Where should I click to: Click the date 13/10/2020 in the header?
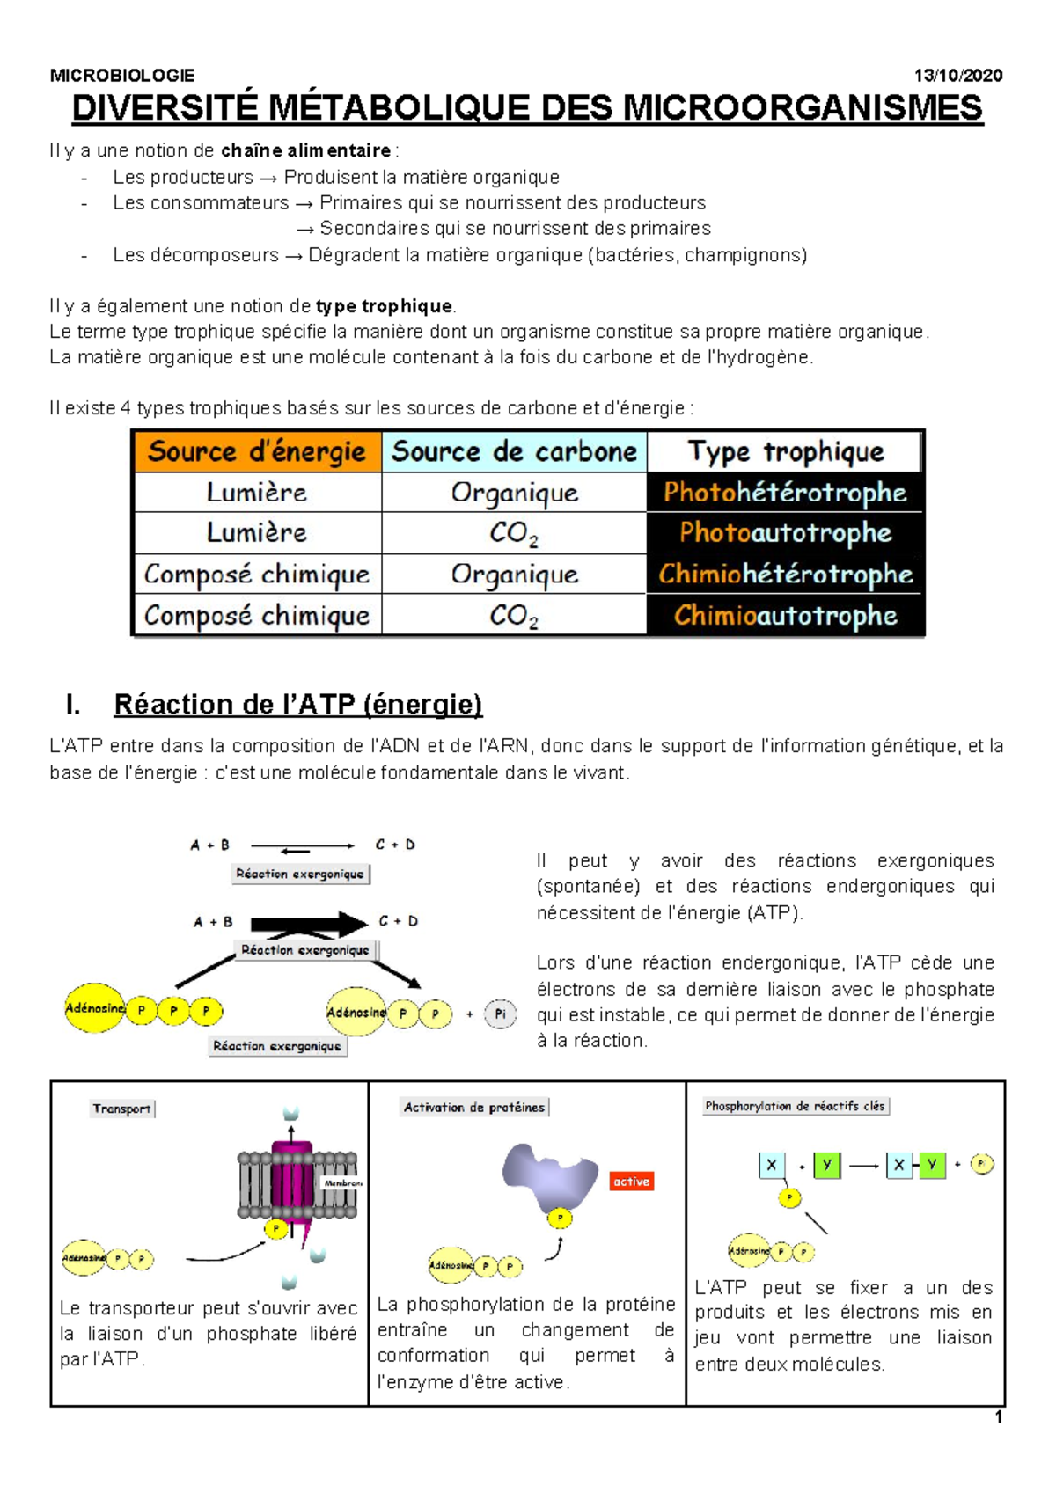tap(957, 76)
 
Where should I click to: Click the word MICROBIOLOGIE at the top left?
tap(122, 76)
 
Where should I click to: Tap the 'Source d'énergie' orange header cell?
tap(257, 452)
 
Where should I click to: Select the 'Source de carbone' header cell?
tap(515, 452)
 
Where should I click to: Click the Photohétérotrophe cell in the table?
tap(785, 493)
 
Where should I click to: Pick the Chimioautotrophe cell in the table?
tap(785, 615)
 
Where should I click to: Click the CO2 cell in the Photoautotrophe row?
tap(514, 533)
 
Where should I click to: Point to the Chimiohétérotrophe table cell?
tap(785, 575)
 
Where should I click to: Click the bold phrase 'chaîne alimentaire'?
tap(305, 150)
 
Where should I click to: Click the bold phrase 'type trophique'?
tap(384, 306)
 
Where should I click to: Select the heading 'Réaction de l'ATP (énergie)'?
tap(298, 705)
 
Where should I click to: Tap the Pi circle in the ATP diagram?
tap(500, 1014)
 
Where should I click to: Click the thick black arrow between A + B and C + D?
tap(308, 924)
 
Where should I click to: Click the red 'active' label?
tap(631, 1182)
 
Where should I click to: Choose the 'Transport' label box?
tap(122, 1109)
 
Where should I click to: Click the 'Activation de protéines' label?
tap(473, 1108)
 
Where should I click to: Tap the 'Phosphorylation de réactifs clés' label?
tap(795, 1106)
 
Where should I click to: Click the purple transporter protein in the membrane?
tap(291, 1179)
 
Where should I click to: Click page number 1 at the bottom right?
tap(999, 1417)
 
